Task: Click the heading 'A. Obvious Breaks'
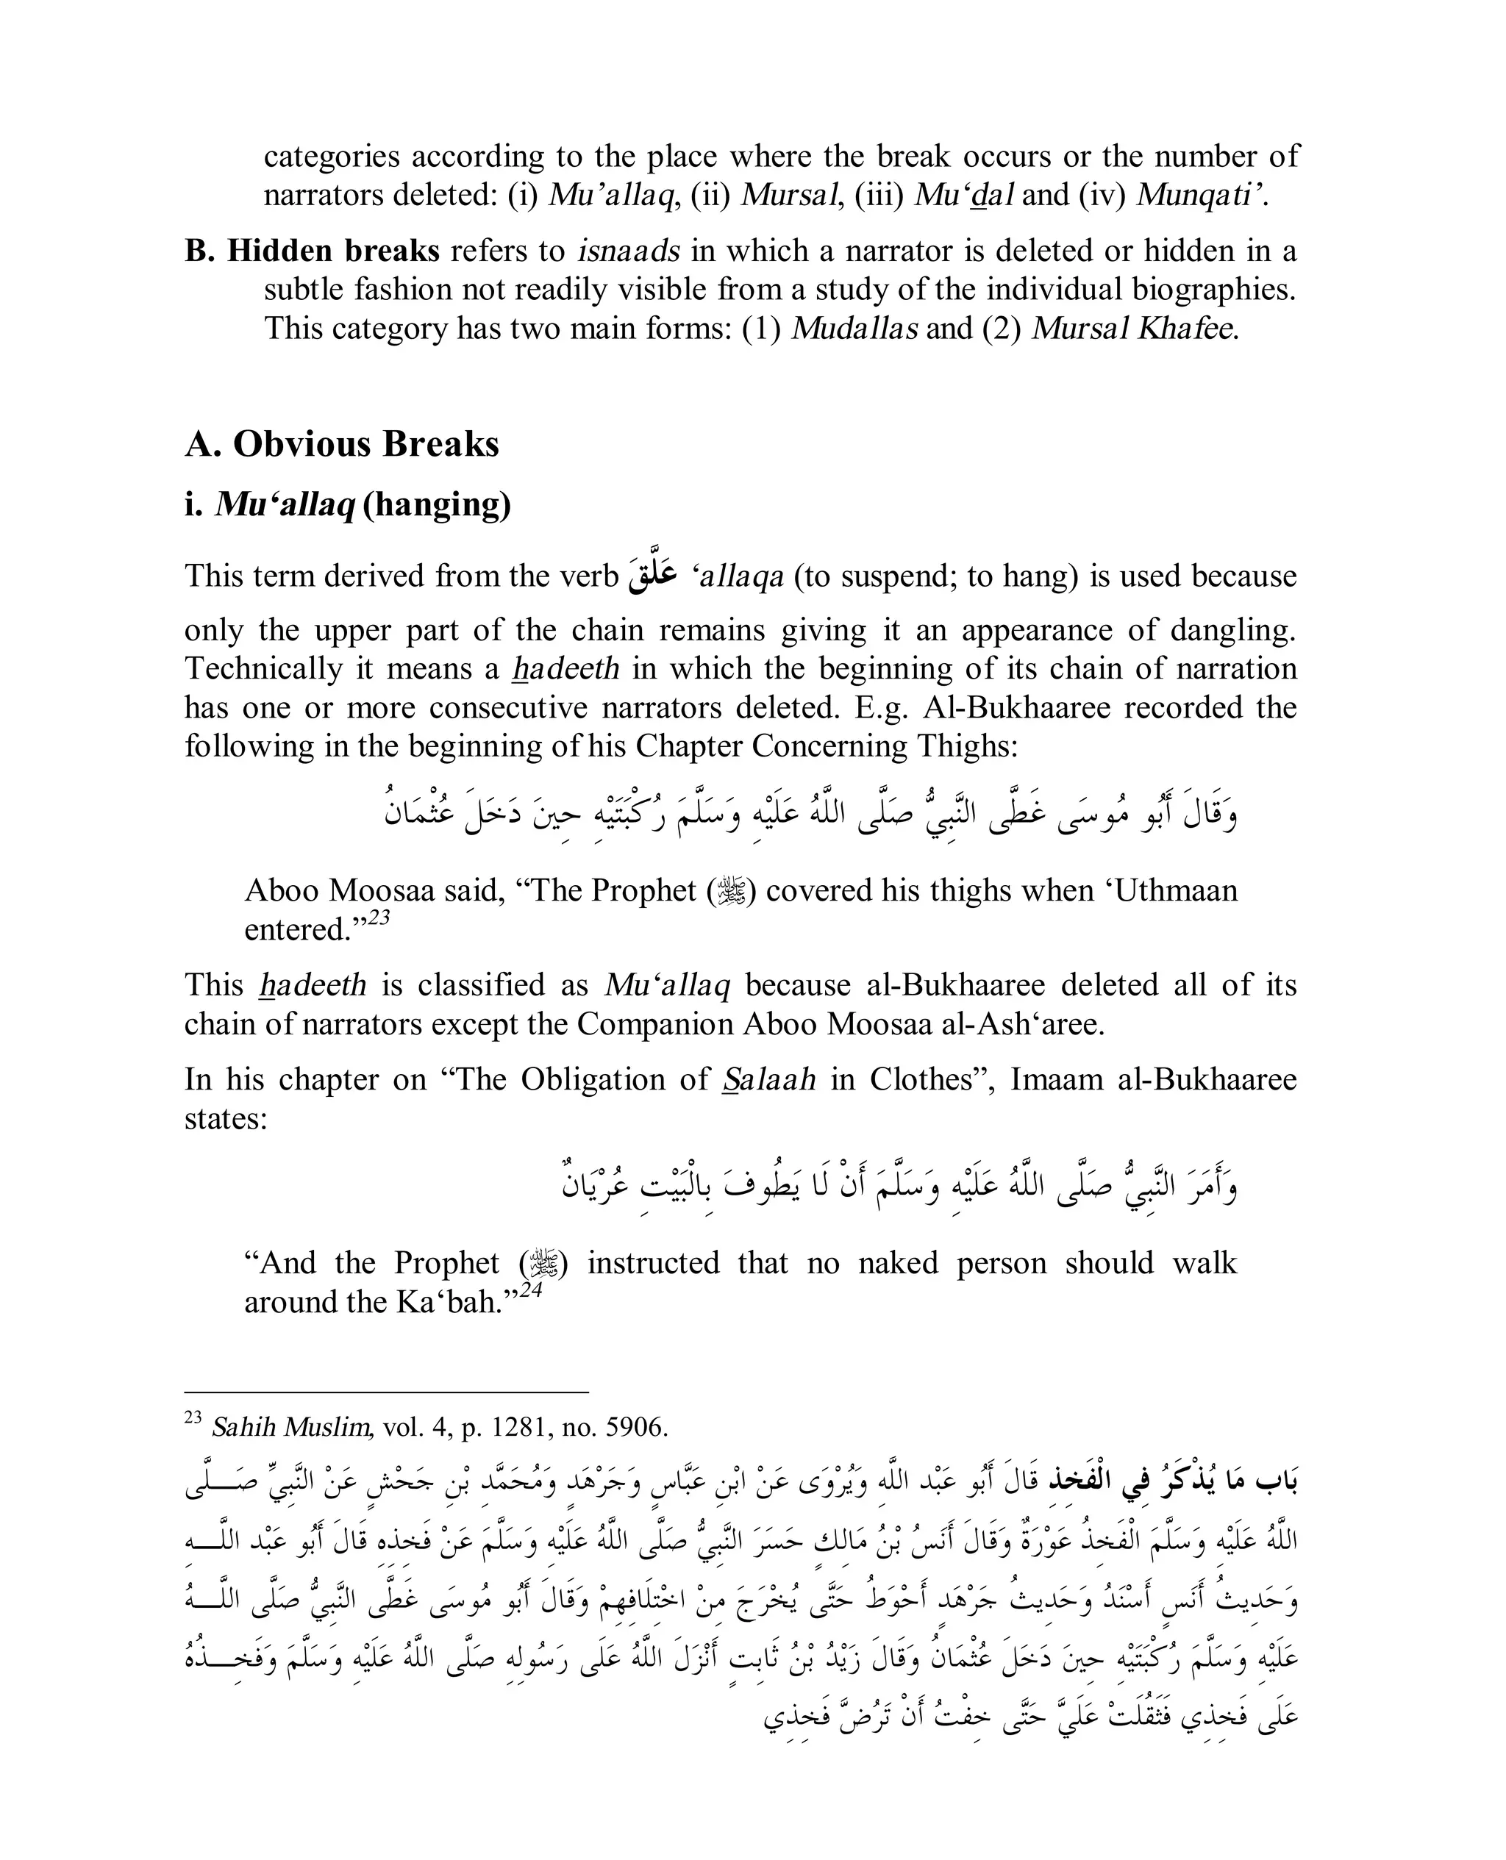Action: click(x=342, y=444)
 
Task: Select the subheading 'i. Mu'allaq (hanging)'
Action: click(x=347, y=504)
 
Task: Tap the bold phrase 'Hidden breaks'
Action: click(x=333, y=251)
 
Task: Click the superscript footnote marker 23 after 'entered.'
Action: click(x=379, y=918)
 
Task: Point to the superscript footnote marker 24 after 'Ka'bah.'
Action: click(x=531, y=1290)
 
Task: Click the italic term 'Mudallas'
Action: click(x=854, y=329)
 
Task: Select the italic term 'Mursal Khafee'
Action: click(x=1134, y=329)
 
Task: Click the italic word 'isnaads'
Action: click(x=628, y=251)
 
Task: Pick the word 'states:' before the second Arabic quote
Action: click(x=226, y=1119)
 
